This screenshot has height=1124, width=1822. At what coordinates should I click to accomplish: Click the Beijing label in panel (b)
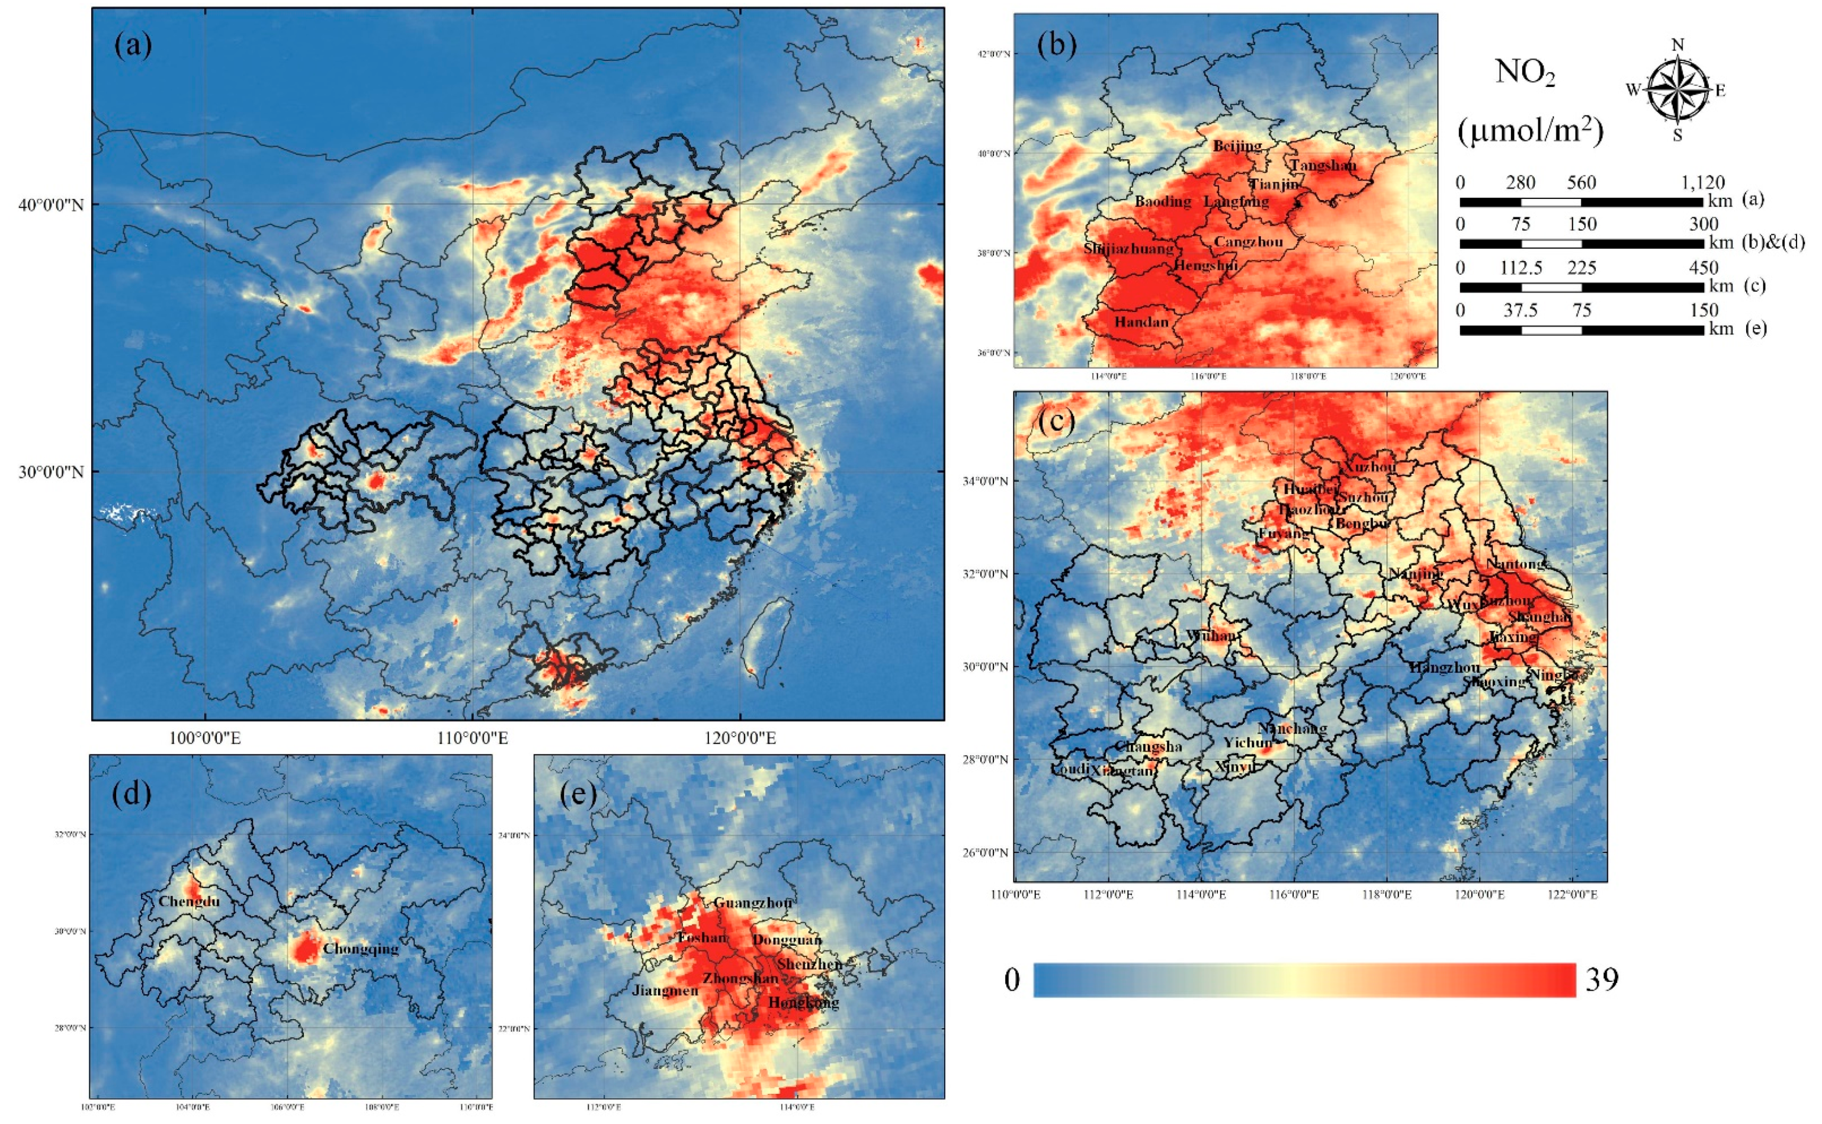1237,146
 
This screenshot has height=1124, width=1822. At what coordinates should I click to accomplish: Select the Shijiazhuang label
1128,248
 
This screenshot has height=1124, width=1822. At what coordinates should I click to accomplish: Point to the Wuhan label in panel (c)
1212,635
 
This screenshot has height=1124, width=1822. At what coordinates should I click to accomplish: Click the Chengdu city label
189,901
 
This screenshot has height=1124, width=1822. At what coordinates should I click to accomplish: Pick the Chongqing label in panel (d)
361,949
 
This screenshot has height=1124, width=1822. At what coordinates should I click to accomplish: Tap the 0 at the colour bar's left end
1012,980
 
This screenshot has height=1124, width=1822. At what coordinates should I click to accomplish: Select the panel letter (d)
131,794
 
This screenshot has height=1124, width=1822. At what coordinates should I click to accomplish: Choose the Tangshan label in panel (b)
1323,165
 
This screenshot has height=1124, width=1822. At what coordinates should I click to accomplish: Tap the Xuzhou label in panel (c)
1366,467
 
